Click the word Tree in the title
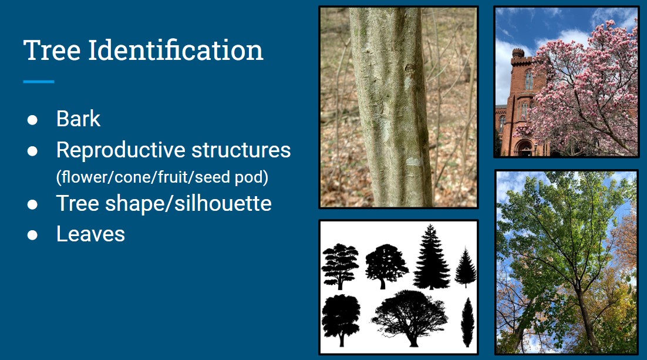(52, 51)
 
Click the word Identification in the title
(176, 51)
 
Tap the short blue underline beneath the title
(39, 82)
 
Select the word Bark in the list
(78, 119)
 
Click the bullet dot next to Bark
(32, 120)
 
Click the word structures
(244, 150)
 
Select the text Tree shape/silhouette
(164, 204)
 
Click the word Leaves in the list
(90, 234)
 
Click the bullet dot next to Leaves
(32, 235)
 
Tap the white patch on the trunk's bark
(413, 162)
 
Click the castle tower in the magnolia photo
(518, 76)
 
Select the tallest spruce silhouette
(431, 258)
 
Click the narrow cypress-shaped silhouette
(467, 322)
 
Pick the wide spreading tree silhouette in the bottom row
(409, 318)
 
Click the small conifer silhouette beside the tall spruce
(465, 268)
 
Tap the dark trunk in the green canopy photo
(588, 317)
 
